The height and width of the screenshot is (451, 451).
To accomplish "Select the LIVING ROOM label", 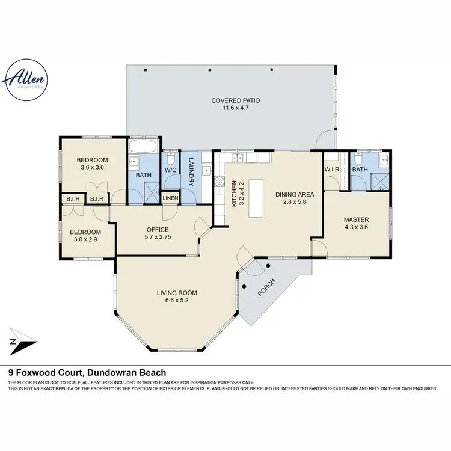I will point(177,293).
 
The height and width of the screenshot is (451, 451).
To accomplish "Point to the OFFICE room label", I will point(158,229).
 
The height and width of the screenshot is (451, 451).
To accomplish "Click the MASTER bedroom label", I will point(356,219).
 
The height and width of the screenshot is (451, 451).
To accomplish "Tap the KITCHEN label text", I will point(235,194).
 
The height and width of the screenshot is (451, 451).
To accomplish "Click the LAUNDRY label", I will point(191,171).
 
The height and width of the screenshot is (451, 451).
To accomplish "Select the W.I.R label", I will point(333,170).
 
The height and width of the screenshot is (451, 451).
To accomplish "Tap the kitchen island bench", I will point(256,198).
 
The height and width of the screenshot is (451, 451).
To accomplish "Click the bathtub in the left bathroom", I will point(143,147).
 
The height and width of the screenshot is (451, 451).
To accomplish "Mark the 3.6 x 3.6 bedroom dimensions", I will point(93,168).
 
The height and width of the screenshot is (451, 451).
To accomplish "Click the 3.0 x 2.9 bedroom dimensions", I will point(85,239).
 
